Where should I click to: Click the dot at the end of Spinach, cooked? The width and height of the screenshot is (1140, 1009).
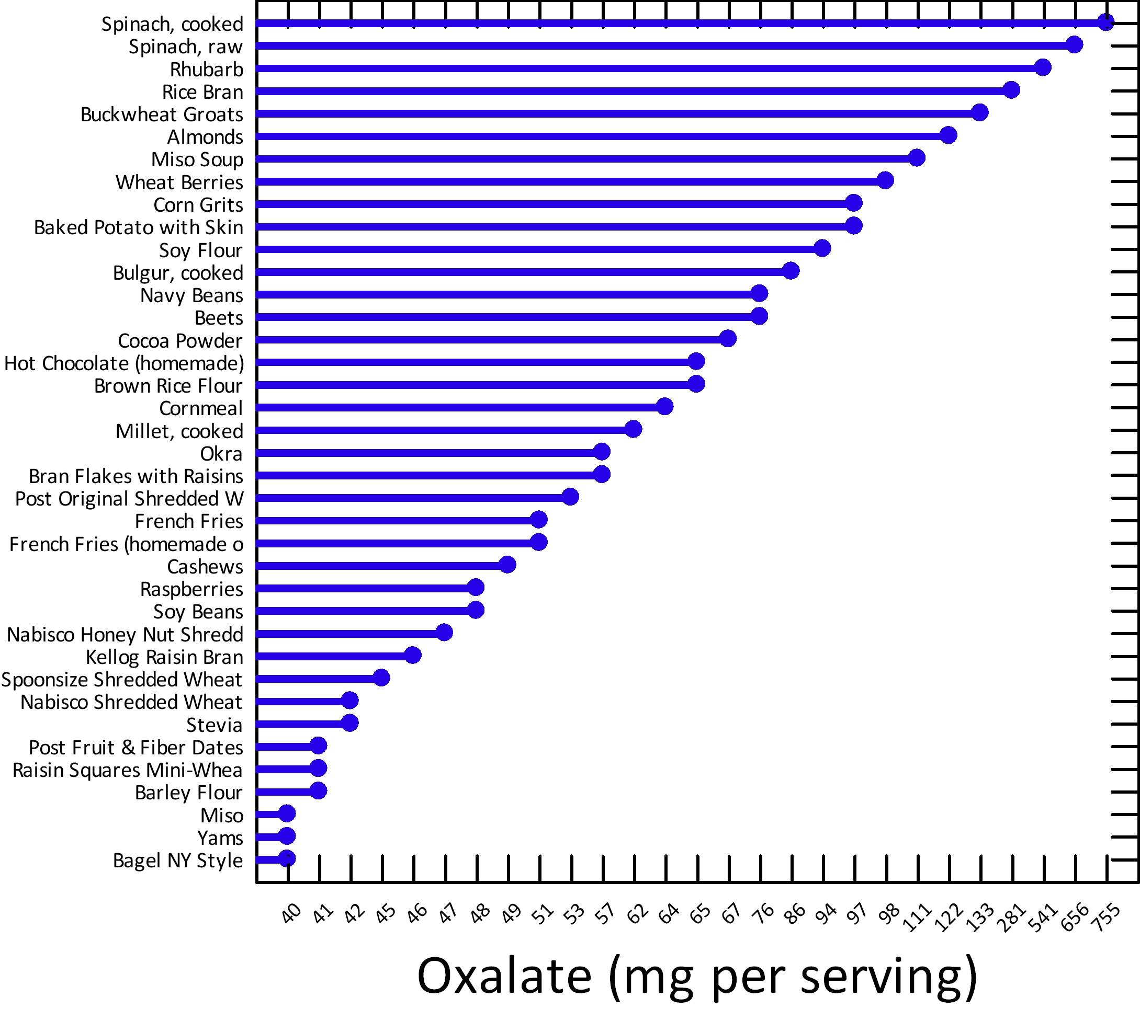point(1105,22)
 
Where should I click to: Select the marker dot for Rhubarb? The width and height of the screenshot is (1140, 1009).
point(1042,67)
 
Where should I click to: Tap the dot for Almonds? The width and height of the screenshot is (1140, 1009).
point(948,135)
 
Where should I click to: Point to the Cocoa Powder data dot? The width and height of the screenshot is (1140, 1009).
point(727,338)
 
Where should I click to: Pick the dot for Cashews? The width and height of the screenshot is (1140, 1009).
point(507,565)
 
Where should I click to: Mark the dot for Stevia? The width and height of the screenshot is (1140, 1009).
point(349,723)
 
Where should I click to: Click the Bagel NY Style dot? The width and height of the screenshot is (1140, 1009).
point(287,858)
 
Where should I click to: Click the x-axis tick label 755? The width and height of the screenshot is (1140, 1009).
point(1107,917)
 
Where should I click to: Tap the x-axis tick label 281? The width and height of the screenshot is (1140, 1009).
point(1012,917)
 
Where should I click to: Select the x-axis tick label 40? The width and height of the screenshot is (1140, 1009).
point(291,914)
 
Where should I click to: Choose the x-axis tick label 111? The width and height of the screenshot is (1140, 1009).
point(918,917)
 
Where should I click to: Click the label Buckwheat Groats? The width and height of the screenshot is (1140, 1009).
point(162,114)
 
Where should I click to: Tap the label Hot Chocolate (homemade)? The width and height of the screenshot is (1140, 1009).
point(124,363)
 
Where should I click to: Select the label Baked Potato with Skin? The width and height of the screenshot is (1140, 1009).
point(138,227)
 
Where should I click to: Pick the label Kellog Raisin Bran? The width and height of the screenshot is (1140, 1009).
point(164,657)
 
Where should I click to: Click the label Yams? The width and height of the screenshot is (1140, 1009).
point(220,838)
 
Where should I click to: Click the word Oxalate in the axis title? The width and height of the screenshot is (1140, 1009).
point(504,976)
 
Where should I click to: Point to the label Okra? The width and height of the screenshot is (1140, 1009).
point(221,454)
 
